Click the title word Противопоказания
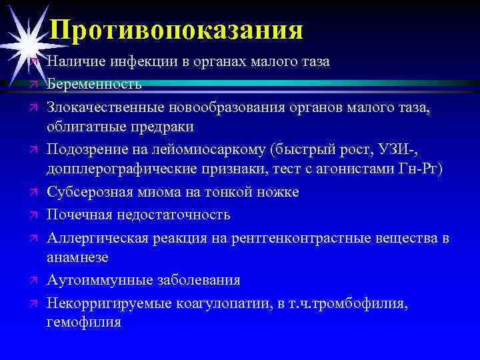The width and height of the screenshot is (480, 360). click(177, 29)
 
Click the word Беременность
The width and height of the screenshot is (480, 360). click(94, 84)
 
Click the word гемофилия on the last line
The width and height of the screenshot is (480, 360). click(84, 323)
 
